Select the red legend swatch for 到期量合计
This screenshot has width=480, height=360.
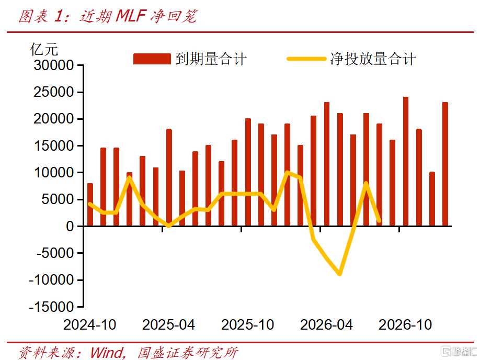(x=152, y=59)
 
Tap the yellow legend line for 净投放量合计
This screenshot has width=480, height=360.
(x=306, y=59)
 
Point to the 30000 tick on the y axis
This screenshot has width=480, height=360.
(x=53, y=65)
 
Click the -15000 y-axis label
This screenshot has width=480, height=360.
(x=51, y=307)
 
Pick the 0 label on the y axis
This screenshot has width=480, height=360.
(x=70, y=227)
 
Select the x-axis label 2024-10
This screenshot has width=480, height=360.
(x=90, y=325)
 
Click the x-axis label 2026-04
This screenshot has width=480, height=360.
(x=326, y=325)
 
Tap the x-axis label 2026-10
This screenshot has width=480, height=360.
(x=405, y=325)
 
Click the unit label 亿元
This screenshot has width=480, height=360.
(x=44, y=50)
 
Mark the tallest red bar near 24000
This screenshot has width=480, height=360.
(x=406, y=162)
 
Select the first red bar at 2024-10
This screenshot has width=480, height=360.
(x=90, y=205)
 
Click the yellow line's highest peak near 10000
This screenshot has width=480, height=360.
(x=287, y=173)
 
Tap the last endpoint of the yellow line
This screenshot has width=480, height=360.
(x=379, y=220)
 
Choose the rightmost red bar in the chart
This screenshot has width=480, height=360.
(x=445, y=164)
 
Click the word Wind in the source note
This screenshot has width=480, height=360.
(x=107, y=353)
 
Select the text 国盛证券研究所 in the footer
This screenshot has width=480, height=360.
(x=187, y=353)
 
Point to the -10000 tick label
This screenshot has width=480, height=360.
(x=51, y=280)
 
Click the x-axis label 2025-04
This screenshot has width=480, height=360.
(x=169, y=325)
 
